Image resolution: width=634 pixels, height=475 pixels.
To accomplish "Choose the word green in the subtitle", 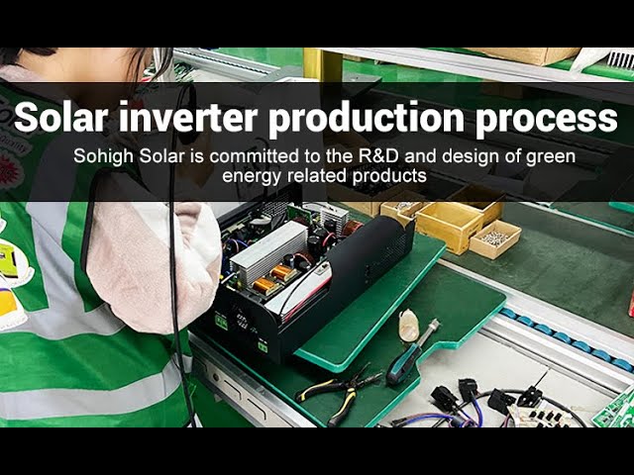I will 552,156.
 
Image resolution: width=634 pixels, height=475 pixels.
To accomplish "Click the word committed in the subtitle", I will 225,156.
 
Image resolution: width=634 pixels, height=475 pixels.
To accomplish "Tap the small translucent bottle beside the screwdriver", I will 408,326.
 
